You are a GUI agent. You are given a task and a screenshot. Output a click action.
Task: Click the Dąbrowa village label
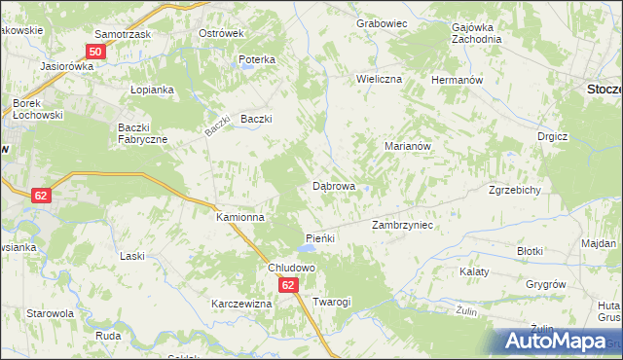[333, 185]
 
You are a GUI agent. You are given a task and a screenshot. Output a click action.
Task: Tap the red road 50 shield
[95, 52]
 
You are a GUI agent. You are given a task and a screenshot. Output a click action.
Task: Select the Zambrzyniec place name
[402, 225]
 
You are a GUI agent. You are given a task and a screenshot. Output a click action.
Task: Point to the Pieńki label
[320, 238]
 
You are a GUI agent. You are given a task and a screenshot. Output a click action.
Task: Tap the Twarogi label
[331, 303]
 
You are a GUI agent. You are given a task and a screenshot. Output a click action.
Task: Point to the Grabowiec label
[380, 22]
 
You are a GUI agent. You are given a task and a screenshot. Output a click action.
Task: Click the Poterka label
[257, 59]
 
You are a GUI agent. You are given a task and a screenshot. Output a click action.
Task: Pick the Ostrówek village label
[220, 33]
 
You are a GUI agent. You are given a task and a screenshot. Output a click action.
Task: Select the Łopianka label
[151, 90]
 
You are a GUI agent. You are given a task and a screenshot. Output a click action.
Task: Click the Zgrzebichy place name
[515, 191]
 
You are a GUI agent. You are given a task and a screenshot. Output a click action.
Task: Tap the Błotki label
[530, 251]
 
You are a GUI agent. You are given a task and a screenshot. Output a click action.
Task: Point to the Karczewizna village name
[240, 304]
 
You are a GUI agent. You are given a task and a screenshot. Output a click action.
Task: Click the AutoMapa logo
[561, 341]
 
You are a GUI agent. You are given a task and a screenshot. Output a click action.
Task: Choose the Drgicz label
[552, 137]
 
